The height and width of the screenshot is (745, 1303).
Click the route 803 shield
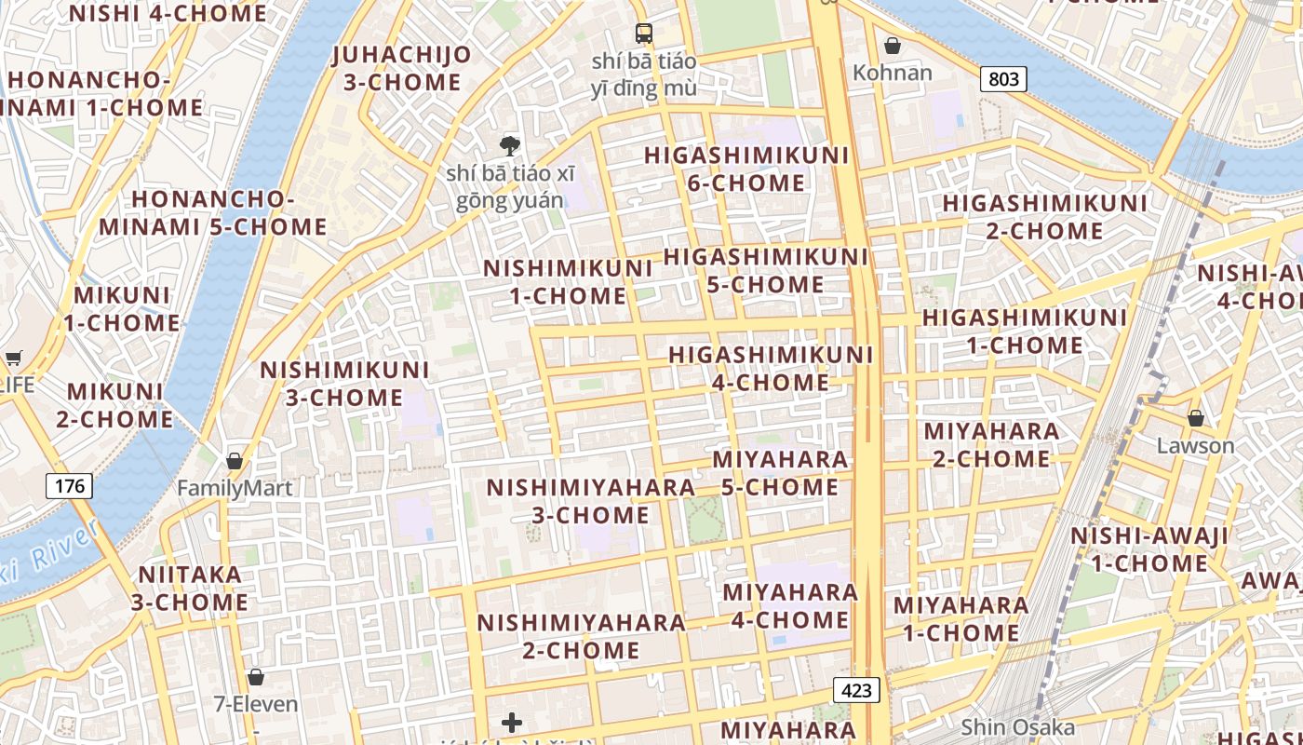(x=1003, y=79)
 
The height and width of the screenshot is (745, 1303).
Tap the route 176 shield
(x=69, y=485)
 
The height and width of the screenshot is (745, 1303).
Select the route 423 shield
(x=855, y=690)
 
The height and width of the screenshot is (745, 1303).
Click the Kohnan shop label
(x=893, y=72)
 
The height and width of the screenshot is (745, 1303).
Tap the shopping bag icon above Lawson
(x=1195, y=418)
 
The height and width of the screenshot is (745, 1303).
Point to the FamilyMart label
(x=235, y=488)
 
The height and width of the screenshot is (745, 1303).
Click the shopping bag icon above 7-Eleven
(x=256, y=677)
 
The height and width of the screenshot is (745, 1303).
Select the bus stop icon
(x=644, y=34)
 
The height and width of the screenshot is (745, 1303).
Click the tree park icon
(x=509, y=145)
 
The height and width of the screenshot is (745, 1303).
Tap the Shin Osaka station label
(x=1017, y=727)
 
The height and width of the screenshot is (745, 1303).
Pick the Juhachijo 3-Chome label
(x=402, y=68)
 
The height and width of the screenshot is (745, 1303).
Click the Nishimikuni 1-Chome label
(x=568, y=282)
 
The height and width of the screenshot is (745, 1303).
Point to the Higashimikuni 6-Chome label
(x=746, y=169)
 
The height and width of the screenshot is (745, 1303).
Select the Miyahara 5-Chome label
(x=780, y=473)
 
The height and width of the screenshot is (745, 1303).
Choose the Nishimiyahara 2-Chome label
(x=582, y=636)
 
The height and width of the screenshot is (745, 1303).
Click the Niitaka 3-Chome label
(x=190, y=589)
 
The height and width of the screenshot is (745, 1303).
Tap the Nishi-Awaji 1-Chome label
(x=1149, y=549)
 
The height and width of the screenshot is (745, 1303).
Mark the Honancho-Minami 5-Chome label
(x=213, y=213)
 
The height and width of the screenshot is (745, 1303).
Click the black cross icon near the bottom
(x=512, y=723)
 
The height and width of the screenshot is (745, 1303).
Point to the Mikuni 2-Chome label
(x=114, y=405)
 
